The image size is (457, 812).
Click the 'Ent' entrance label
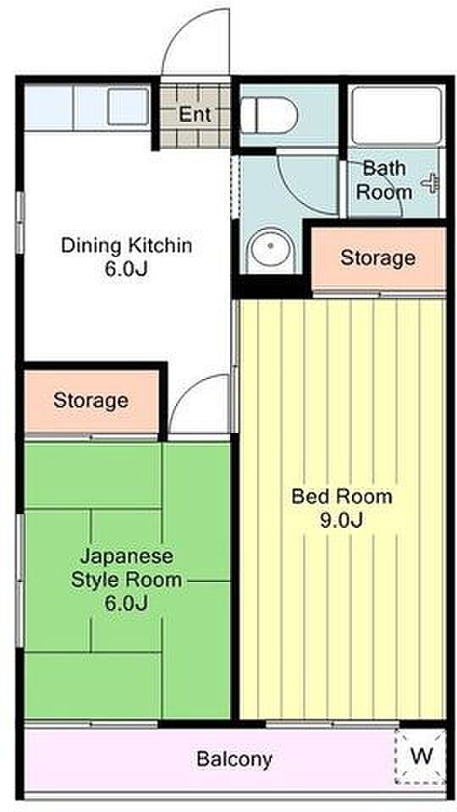tap(195, 114)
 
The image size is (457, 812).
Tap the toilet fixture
tap(269, 114)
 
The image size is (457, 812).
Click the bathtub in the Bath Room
tap(396, 115)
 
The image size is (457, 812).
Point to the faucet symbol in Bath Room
tap(432, 184)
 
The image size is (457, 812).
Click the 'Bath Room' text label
tap(384, 180)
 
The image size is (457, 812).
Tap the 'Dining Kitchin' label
tap(126, 245)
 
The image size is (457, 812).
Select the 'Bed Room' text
tap(341, 497)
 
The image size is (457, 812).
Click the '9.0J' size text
tap(340, 520)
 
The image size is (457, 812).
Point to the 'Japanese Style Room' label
tap(126, 568)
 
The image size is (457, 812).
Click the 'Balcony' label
tap(234, 760)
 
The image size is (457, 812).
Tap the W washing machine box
tap(420, 756)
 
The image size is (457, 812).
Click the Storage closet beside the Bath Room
tap(379, 258)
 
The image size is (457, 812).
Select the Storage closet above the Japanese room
tap(91, 400)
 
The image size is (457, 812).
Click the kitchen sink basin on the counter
tap(128, 107)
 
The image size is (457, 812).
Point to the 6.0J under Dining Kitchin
tap(126, 269)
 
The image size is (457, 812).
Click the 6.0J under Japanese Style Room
tap(127, 603)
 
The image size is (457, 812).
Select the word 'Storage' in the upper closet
tap(377, 257)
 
